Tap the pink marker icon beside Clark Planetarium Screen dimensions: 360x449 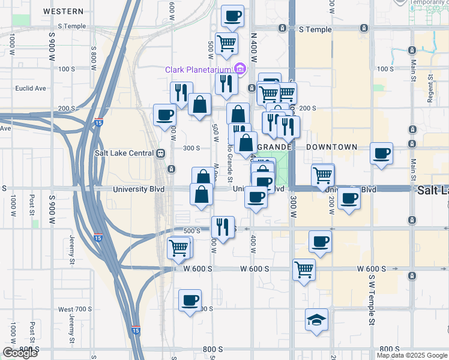[240, 69]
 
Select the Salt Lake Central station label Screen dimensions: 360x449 [125, 153]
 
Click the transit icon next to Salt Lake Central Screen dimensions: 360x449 [161, 153]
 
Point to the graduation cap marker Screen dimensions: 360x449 [316, 320]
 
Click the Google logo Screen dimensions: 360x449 [20, 352]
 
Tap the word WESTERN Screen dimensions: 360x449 [64, 11]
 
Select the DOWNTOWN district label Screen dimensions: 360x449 [331, 147]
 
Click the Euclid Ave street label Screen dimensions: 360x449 [31, 88]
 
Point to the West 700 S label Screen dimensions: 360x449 [75, 309]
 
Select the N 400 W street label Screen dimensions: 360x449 [254, 50]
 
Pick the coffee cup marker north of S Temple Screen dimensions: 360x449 [232, 16]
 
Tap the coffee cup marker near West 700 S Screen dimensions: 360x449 [190, 301]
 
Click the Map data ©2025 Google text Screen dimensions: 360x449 [412, 355]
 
